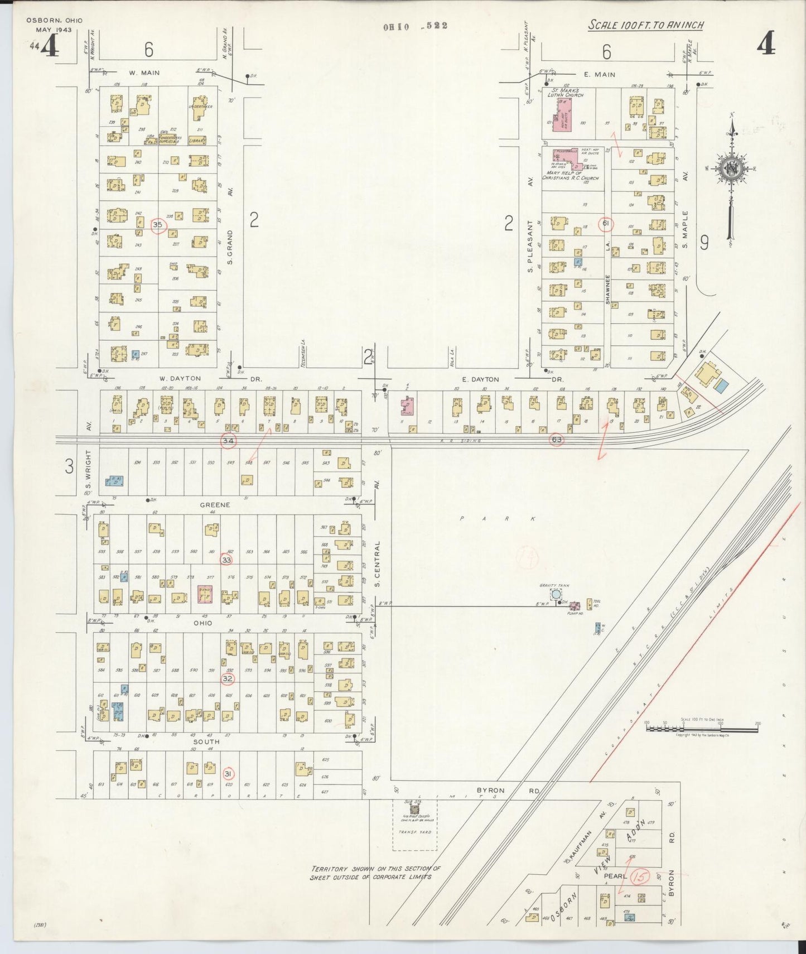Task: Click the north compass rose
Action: (x=730, y=170)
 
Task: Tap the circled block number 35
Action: (x=158, y=225)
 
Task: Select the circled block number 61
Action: (x=606, y=224)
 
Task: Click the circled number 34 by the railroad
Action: (x=228, y=441)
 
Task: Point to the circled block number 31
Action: (x=228, y=774)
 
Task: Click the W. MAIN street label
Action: (x=144, y=73)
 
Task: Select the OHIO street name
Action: (x=202, y=623)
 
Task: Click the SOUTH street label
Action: (x=206, y=741)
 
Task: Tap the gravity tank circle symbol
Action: (x=556, y=595)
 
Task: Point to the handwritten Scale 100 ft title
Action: (x=645, y=25)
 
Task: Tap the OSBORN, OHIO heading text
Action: (x=54, y=21)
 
